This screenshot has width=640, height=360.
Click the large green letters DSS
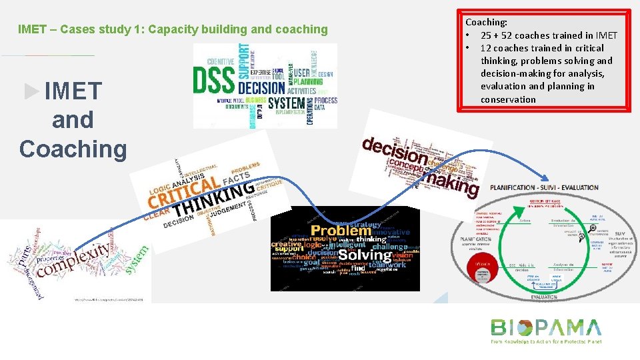(x=214, y=81)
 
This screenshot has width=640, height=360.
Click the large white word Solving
(x=365, y=255)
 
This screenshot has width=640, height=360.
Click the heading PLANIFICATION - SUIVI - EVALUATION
(x=544, y=188)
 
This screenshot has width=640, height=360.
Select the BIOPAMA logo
(x=545, y=329)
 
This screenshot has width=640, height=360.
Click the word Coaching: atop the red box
(x=486, y=22)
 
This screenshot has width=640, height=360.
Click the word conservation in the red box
(x=508, y=99)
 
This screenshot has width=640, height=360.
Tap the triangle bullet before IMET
(x=31, y=91)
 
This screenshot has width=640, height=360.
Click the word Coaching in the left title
(x=73, y=148)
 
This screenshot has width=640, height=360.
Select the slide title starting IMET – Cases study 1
(x=173, y=29)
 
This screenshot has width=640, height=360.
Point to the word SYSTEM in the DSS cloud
(x=287, y=104)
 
